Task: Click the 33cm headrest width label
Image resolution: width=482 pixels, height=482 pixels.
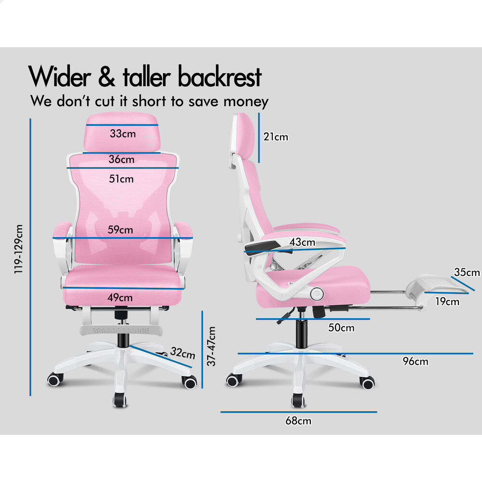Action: point(122,134)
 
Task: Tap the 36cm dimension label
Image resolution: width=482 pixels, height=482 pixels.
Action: point(121,159)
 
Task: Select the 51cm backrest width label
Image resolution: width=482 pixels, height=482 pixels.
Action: point(121,179)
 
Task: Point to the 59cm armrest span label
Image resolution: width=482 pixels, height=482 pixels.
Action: point(120,229)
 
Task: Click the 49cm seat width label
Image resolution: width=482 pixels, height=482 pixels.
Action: point(120,297)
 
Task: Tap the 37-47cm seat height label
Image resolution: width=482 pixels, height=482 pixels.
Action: point(211,346)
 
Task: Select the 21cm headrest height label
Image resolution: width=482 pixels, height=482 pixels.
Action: point(276,137)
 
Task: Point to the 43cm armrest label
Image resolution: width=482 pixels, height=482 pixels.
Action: point(303,242)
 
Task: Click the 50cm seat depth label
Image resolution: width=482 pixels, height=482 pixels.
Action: point(341,328)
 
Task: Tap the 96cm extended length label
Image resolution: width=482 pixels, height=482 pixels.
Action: point(415,361)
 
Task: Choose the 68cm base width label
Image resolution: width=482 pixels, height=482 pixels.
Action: point(298,421)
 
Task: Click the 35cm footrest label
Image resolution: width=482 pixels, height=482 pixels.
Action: point(467,272)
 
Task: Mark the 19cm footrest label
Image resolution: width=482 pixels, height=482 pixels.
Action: point(446,302)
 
